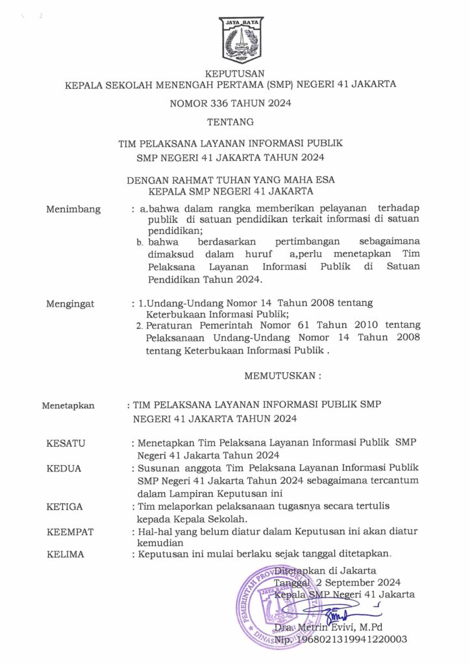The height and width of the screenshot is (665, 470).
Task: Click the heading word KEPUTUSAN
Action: tap(234, 73)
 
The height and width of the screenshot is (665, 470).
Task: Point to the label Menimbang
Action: tap(74, 209)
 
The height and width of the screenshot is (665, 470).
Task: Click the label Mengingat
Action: tap(71, 303)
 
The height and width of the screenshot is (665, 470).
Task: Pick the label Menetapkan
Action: tap(68, 406)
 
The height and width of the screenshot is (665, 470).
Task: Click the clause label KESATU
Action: tap(66, 443)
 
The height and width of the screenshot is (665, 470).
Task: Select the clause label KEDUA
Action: tap(64, 468)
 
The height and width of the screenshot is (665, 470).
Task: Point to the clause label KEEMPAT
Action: tap(71, 532)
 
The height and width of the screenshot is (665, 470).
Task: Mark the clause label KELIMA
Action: tap(66, 554)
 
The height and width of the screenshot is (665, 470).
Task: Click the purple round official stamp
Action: tap(282, 605)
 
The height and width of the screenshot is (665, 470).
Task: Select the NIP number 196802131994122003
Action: tap(351, 640)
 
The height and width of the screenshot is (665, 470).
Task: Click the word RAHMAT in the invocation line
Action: tap(199, 179)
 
